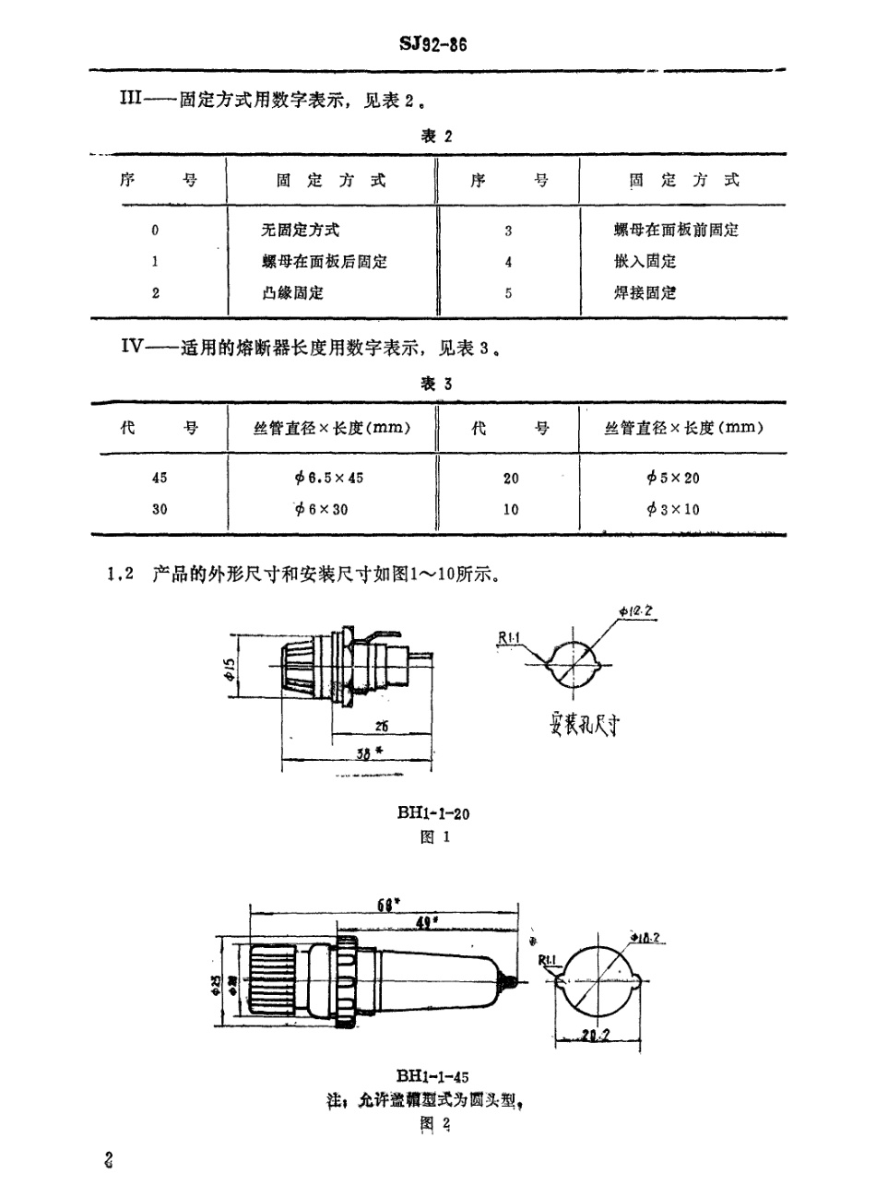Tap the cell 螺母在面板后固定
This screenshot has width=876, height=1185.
[x=324, y=262]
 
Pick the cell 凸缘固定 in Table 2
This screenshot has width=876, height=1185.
[x=292, y=293]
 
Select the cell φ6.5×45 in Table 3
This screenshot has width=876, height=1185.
[x=330, y=478]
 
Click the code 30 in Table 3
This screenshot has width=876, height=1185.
[x=160, y=509]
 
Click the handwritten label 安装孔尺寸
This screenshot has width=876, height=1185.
[x=582, y=726]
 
